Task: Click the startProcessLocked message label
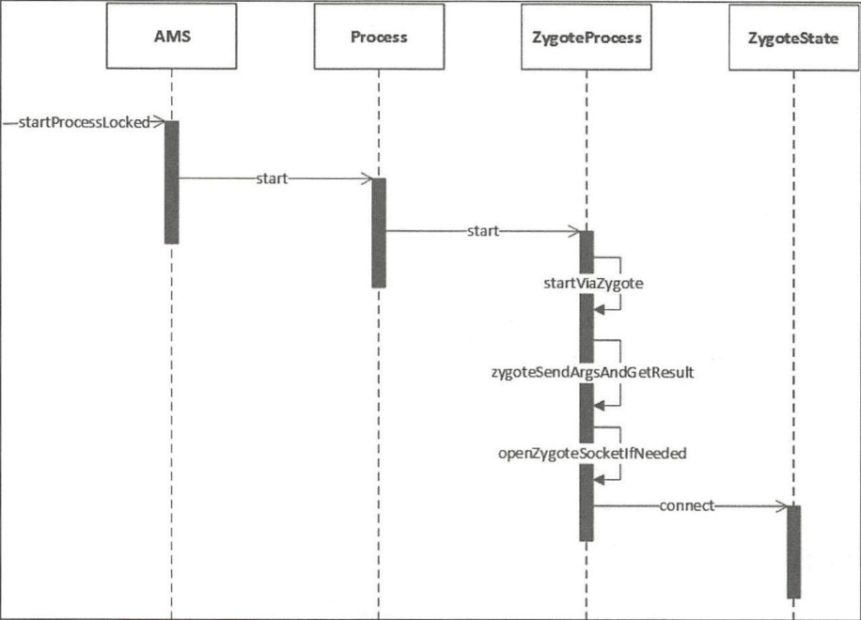point(84,122)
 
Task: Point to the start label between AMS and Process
point(272,178)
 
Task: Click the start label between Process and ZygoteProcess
point(482,231)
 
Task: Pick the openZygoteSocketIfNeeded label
point(593,453)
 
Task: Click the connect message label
point(687,505)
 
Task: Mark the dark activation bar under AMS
point(172,182)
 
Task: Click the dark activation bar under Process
point(379,233)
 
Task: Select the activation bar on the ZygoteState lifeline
point(793,551)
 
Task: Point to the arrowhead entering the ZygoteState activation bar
point(779,506)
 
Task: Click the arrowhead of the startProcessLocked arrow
point(159,121)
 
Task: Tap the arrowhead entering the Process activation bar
point(366,178)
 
